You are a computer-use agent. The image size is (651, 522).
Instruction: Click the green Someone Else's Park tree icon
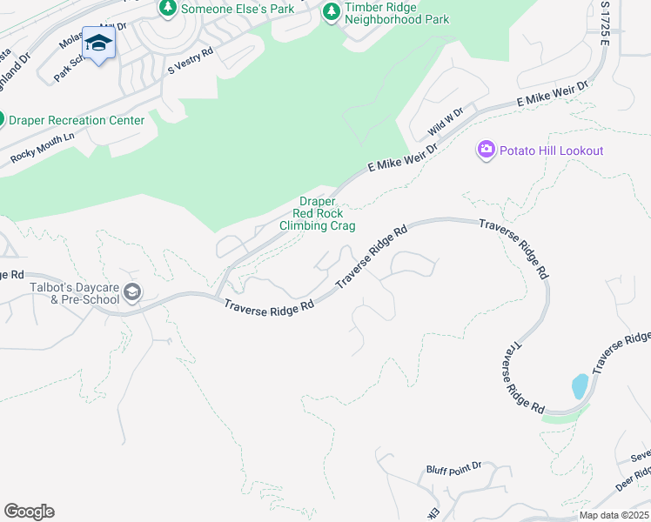click(x=167, y=8)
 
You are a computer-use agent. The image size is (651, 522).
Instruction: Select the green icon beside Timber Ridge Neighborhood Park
click(x=331, y=12)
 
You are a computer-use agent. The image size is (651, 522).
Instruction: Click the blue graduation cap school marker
click(x=99, y=44)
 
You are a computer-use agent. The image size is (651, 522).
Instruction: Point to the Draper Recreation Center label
click(x=77, y=120)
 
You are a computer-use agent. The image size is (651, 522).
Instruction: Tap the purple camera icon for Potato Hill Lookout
click(x=486, y=151)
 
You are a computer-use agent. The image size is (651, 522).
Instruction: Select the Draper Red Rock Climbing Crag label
click(x=317, y=213)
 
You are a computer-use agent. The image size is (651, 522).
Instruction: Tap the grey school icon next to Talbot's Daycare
click(x=132, y=292)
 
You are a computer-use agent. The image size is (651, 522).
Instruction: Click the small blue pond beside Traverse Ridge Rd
click(x=580, y=385)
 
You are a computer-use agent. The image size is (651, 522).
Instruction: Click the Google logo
click(x=29, y=512)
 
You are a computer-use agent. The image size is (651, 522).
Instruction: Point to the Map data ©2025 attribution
click(x=614, y=515)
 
